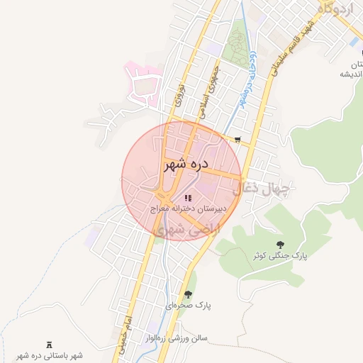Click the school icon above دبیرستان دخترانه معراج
(187, 198)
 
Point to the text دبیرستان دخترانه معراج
(187, 211)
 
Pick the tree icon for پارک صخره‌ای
(188, 294)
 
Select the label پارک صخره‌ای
(189, 306)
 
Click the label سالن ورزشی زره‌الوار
(174, 339)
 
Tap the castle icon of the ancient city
(49, 345)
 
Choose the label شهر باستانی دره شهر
(49, 355)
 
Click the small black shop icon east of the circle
(238, 140)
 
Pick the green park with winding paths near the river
(237, 46)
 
